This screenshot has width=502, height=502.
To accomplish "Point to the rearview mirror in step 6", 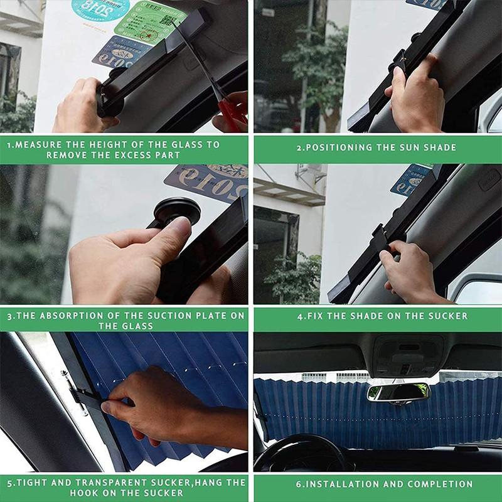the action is coord(398,393).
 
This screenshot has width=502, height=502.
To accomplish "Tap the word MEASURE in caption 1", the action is coord(34,145).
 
